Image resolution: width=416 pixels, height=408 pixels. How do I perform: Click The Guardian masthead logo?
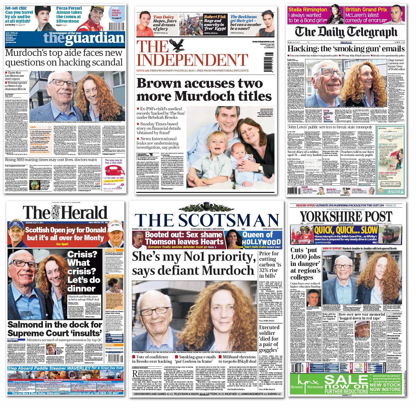pyautogui.click(x=84, y=38)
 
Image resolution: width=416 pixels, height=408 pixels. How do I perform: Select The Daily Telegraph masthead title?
pyautogui.click(x=346, y=32)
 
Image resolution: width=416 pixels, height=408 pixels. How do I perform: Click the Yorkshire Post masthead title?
pyautogui.click(x=346, y=216)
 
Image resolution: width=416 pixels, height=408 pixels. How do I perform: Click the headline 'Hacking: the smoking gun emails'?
pyautogui.click(x=346, y=49)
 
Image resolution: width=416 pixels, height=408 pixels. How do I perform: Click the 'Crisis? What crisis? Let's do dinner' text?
pyautogui.click(x=84, y=271)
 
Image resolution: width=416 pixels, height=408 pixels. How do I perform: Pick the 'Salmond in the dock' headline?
pyautogui.click(x=55, y=329)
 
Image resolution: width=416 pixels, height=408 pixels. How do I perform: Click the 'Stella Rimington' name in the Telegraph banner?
pyautogui.click(x=308, y=10)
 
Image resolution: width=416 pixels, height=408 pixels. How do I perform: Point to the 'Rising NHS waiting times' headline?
pyautogui.click(x=51, y=160)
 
